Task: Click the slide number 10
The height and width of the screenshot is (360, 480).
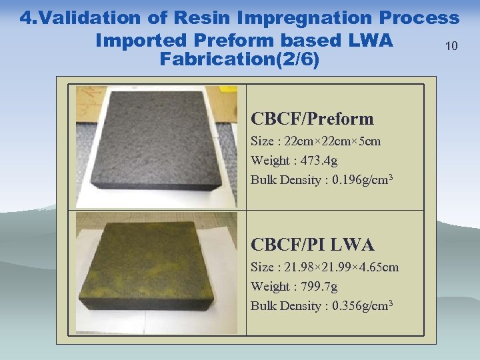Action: point(452,46)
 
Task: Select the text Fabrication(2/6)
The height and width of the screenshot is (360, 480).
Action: point(240,60)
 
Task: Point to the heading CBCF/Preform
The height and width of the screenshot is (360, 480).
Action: point(312,119)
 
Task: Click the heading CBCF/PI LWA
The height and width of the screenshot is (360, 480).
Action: point(312,245)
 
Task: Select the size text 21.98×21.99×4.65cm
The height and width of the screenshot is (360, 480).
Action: point(342,267)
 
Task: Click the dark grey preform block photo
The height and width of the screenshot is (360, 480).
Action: point(157,145)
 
